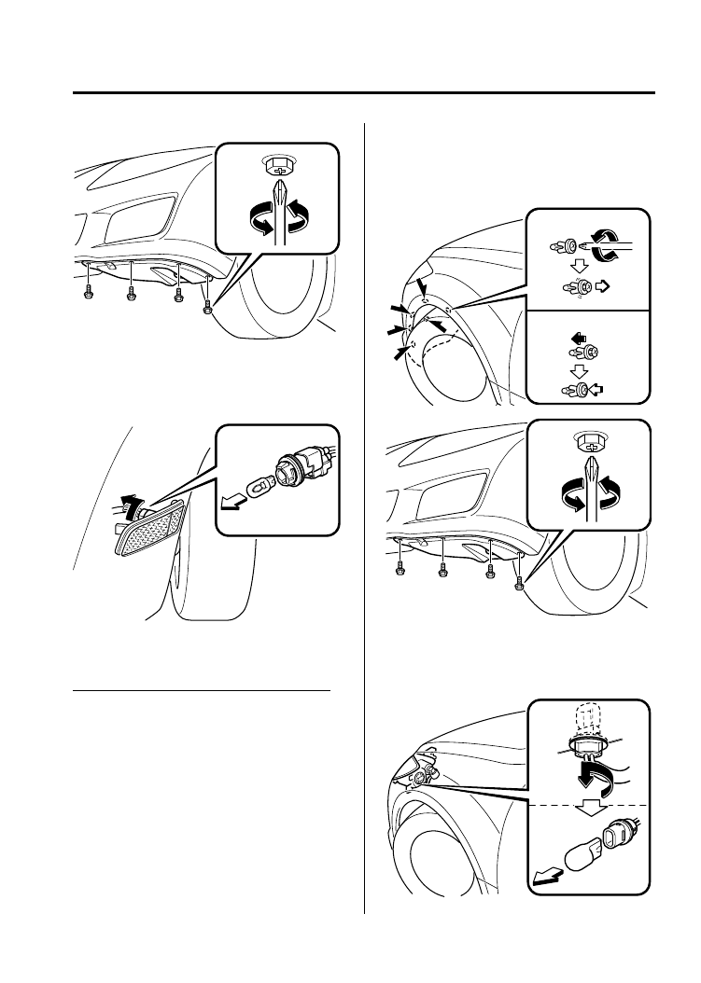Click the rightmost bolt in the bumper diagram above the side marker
click(208, 302)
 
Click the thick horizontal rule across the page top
click(364, 92)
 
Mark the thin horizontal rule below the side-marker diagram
click(202, 691)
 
